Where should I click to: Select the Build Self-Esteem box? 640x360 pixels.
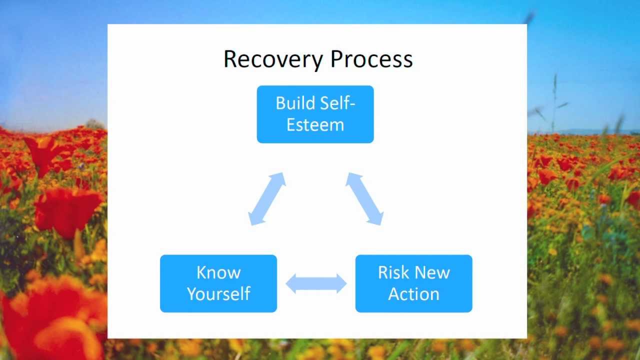pyautogui.click(x=315, y=114)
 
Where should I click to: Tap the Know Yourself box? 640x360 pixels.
pyautogui.click(x=218, y=283)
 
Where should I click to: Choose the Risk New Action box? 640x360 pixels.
pyautogui.click(x=413, y=283)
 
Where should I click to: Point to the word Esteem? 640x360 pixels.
pyautogui.click(x=315, y=125)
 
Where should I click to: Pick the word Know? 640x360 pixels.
pyautogui.click(x=218, y=272)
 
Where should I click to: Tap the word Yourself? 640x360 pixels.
pyautogui.click(x=218, y=294)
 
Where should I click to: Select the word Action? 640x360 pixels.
pyautogui.click(x=413, y=294)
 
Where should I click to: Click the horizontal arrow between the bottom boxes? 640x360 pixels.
pyautogui.click(x=316, y=283)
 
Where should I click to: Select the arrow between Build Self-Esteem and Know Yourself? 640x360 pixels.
pyautogui.click(x=267, y=198)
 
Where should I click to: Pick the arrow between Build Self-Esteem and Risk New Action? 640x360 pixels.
pyautogui.click(x=364, y=198)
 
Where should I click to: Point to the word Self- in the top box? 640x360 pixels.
pyautogui.click(x=336, y=103)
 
